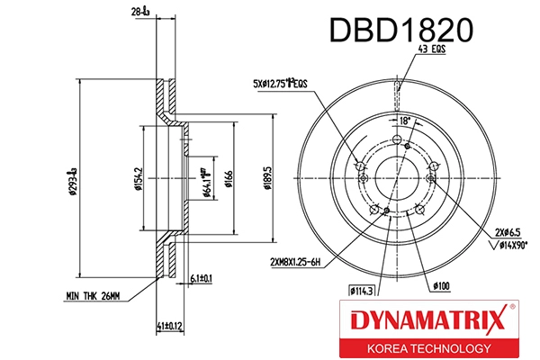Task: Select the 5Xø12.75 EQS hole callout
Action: pyautogui.click(x=280, y=85)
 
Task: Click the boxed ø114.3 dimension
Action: pyautogui.click(x=363, y=290)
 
